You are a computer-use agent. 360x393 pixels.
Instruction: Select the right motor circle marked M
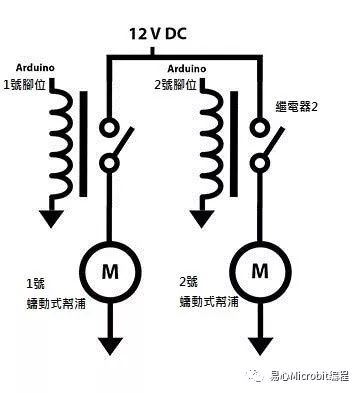[x=260, y=269]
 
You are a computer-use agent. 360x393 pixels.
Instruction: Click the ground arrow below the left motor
[x=106, y=346]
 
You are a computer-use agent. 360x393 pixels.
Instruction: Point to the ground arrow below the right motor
[x=260, y=346]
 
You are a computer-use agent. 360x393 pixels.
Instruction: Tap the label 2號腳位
[x=189, y=83]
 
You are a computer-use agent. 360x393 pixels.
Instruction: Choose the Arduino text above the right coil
[x=186, y=69]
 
